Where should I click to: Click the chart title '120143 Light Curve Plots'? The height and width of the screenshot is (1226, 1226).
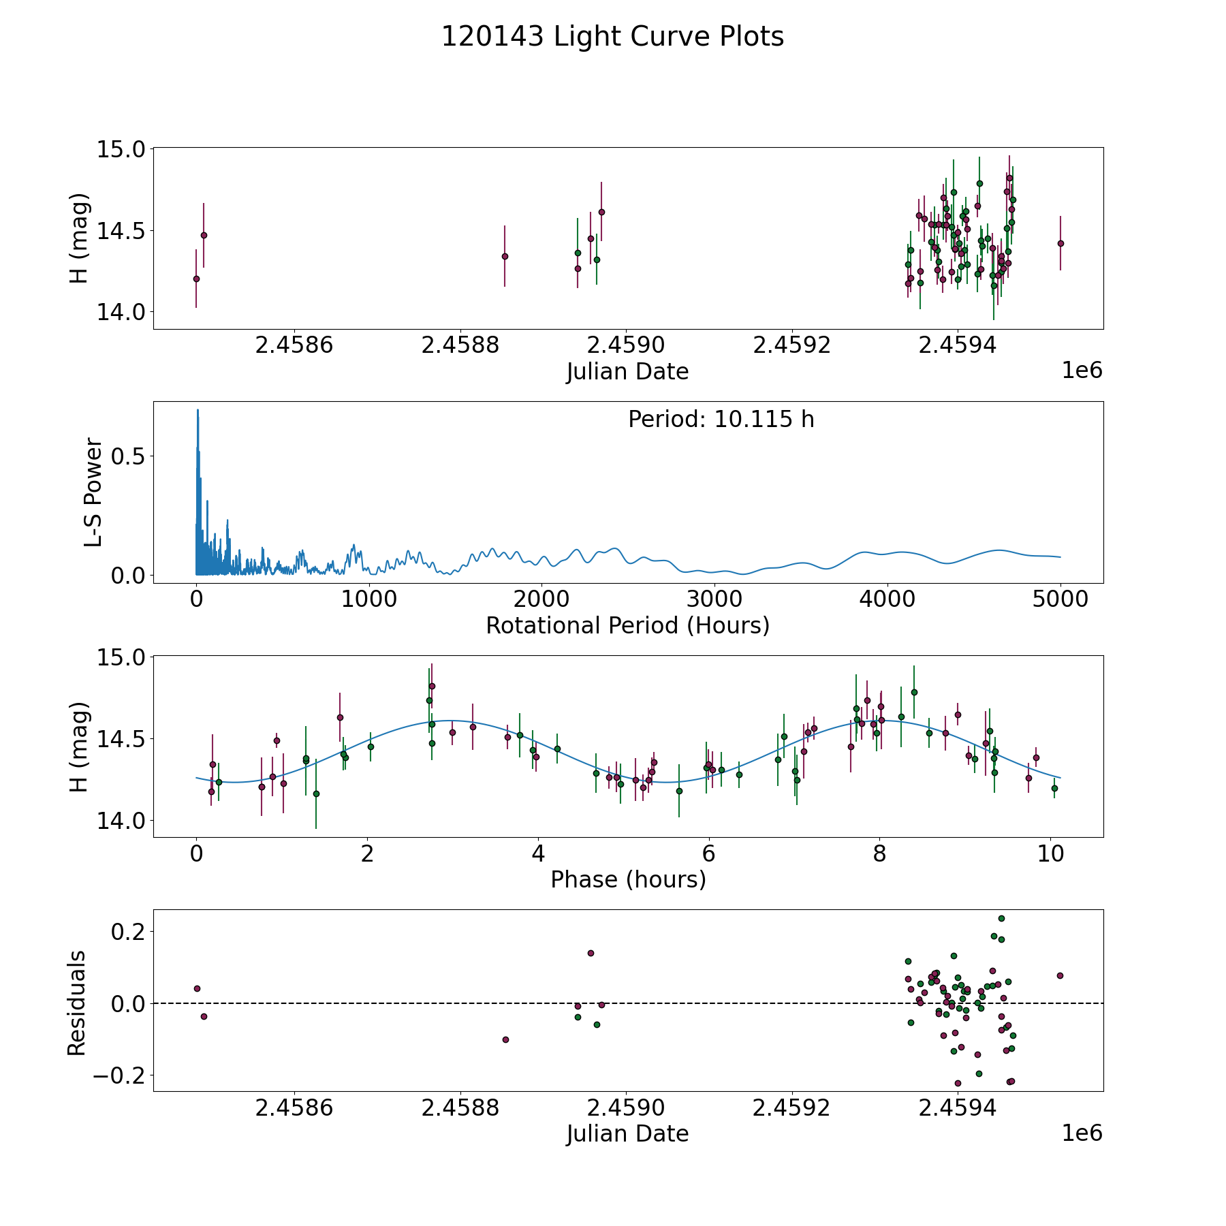click(612, 37)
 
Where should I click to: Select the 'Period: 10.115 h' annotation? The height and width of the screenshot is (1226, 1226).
click(721, 420)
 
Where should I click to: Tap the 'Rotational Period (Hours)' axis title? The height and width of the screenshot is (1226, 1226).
click(627, 625)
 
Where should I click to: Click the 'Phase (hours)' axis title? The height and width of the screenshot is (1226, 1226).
click(627, 879)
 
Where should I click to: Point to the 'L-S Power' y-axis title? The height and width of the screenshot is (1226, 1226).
click(93, 492)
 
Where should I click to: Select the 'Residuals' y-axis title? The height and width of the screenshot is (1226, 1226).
click(77, 1003)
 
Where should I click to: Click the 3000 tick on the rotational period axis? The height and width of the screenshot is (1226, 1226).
click(714, 600)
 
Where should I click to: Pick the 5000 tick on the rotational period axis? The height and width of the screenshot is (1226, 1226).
click(1060, 600)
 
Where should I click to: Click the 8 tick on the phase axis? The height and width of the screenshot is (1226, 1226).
click(880, 854)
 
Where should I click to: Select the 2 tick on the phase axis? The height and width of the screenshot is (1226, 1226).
click(368, 854)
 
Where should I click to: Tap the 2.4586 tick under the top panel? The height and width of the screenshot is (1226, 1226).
click(294, 345)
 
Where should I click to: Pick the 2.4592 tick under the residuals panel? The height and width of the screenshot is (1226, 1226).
click(791, 1108)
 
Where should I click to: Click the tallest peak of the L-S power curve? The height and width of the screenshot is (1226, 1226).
click(198, 410)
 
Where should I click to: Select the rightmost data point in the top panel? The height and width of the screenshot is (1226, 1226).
click(1060, 243)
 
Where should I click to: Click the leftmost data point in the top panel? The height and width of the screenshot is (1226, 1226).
click(196, 279)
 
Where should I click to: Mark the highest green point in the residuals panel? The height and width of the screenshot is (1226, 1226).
click(1001, 918)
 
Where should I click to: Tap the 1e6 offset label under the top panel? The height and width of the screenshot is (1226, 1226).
click(1082, 371)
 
